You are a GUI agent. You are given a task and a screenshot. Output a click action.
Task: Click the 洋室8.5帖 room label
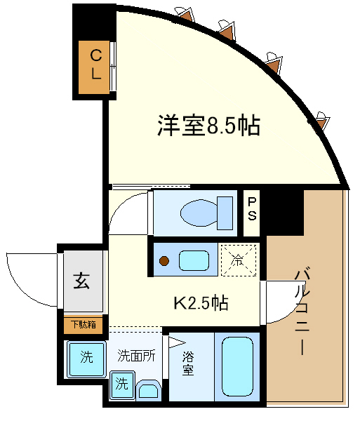coord(208,126)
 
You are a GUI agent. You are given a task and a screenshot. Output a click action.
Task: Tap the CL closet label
coord(96,65)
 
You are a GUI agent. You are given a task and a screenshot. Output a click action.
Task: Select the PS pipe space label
coord(252,209)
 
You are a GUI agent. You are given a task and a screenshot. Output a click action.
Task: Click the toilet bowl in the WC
coord(199,213)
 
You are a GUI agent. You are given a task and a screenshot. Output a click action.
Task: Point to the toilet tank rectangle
coord(225,213)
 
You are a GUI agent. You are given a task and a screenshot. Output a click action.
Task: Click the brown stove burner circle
coord(164,261)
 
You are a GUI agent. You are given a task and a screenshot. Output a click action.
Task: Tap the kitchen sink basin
coord(194,260)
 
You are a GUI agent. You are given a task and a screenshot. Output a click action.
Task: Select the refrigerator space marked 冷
coord(239,260)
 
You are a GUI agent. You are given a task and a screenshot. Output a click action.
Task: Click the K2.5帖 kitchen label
coord(201,303)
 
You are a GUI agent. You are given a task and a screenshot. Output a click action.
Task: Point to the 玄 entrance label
coord(81,281)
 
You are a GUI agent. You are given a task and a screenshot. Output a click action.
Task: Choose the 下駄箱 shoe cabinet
coord(84,325)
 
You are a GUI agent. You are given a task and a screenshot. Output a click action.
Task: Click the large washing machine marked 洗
coord(86,359)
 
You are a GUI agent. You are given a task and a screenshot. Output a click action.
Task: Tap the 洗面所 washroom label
coord(136,356)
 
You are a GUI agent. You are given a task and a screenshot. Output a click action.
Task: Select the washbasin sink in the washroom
coord(149,390)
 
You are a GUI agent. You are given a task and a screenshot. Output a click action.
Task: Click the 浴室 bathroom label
coord(188,363)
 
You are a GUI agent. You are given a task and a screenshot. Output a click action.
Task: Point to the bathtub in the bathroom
coord(237,366)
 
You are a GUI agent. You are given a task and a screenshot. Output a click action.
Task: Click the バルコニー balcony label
coord(302,311)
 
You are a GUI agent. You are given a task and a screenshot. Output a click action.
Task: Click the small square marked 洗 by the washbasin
coord(122,384)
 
